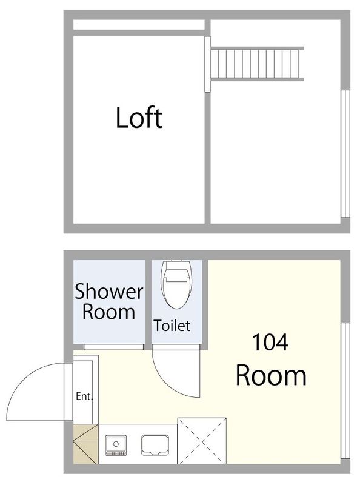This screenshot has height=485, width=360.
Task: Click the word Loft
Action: point(139,118)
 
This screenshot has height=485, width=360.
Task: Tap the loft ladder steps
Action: point(257,64)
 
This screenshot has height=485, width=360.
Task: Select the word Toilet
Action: point(172,326)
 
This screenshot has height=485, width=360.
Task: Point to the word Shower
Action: point(109,291)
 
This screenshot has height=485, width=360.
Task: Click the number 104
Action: point(270,343)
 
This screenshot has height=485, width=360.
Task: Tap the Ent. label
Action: point(84,396)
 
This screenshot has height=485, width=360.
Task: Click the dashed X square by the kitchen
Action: point(202,441)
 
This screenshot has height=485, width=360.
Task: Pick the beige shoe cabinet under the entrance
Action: point(85,444)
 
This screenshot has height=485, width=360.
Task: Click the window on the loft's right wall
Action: point(345,154)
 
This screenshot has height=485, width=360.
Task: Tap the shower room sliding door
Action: point(114,347)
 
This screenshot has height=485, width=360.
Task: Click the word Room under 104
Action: point(271,375)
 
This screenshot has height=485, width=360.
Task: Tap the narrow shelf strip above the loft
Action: point(139,25)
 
